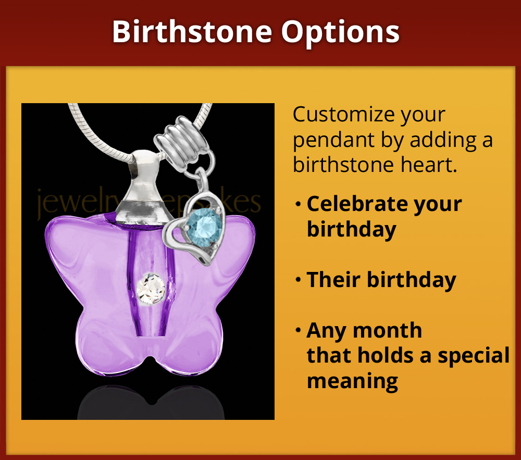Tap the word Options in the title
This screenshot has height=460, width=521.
point(341,32)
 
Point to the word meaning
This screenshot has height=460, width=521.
point(352,380)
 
